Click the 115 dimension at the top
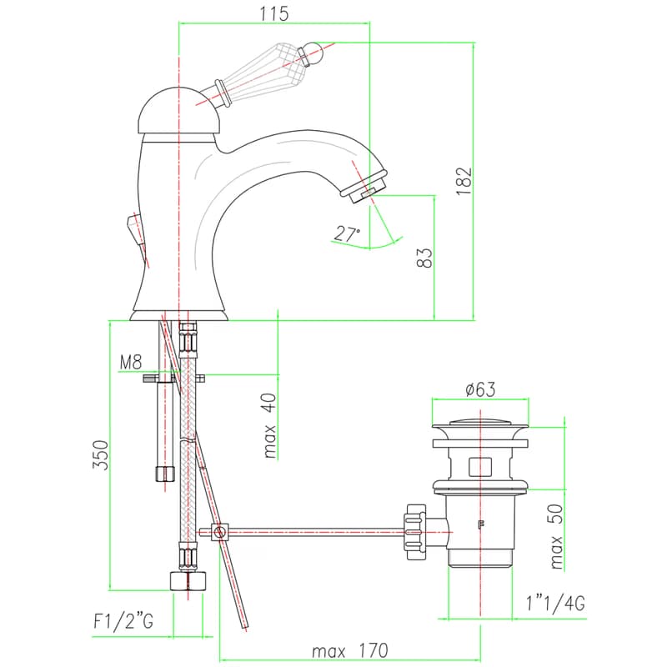coord(274,13)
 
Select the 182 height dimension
coord(464,181)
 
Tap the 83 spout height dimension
coord(424,258)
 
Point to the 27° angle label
coord(347,233)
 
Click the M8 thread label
coord(131,363)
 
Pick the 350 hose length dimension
coord(101,454)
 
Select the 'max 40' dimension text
coord(270,426)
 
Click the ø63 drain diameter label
coord(480,389)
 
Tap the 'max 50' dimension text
coord(556,537)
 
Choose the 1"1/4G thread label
coord(555,603)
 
